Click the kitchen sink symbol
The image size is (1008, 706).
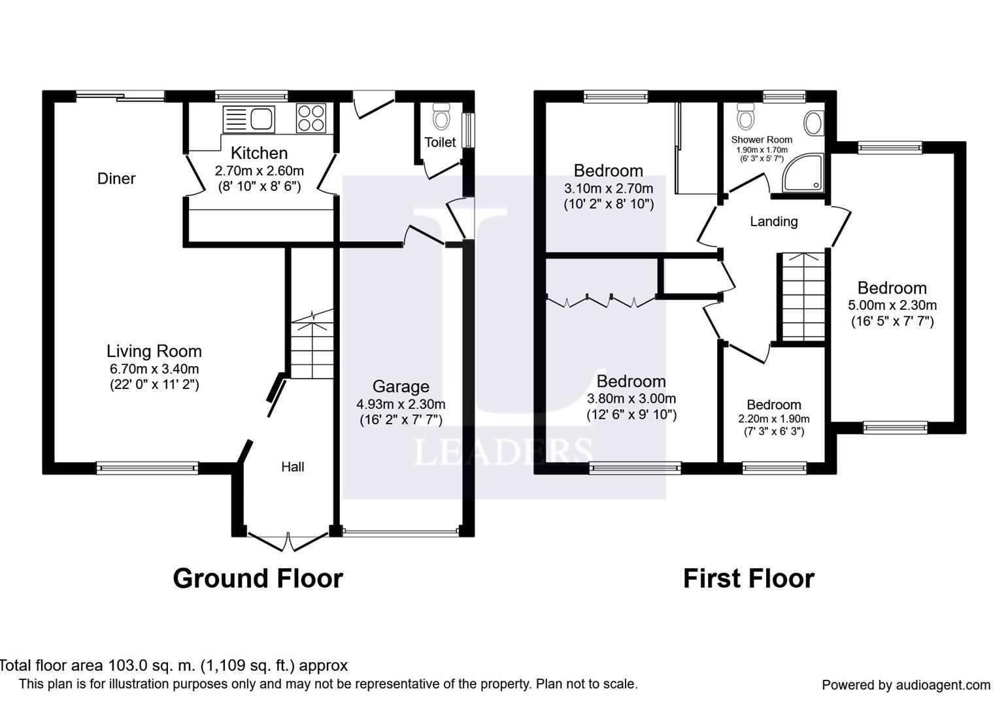click(248, 120)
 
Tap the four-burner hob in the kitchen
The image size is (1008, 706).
click(311, 118)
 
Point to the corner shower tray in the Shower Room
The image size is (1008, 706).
click(803, 173)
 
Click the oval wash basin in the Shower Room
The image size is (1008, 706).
click(814, 124)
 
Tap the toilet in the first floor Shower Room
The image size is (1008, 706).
click(746, 116)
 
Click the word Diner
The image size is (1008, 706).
click(116, 178)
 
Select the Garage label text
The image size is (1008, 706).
click(401, 386)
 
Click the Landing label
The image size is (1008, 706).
click(773, 222)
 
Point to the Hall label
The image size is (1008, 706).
click(292, 467)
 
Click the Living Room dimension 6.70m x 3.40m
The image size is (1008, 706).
click(154, 369)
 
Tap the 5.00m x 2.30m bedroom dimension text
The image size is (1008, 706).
click(892, 305)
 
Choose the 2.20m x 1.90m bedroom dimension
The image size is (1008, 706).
click(773, 419)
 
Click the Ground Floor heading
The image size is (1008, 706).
click(258, 579)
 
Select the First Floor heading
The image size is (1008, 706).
click(748, 579)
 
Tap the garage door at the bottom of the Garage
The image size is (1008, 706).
click(401, 532)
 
